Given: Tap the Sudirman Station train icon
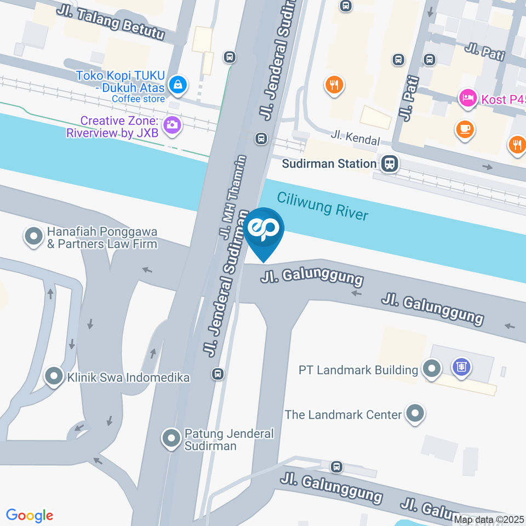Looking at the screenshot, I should click(390, 163).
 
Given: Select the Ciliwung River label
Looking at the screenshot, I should click(323, 206).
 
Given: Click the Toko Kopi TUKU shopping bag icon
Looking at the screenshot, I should click(178, 84).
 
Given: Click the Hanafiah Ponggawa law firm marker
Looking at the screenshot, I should click(34, 237).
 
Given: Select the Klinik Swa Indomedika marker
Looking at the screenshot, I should click(54, 377).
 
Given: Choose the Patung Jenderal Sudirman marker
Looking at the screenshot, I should click(171, 439).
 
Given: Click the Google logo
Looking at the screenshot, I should click(30, 516).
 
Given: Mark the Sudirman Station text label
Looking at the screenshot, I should click(329, 163).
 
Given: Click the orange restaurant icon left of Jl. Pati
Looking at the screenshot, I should click(334, 85).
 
